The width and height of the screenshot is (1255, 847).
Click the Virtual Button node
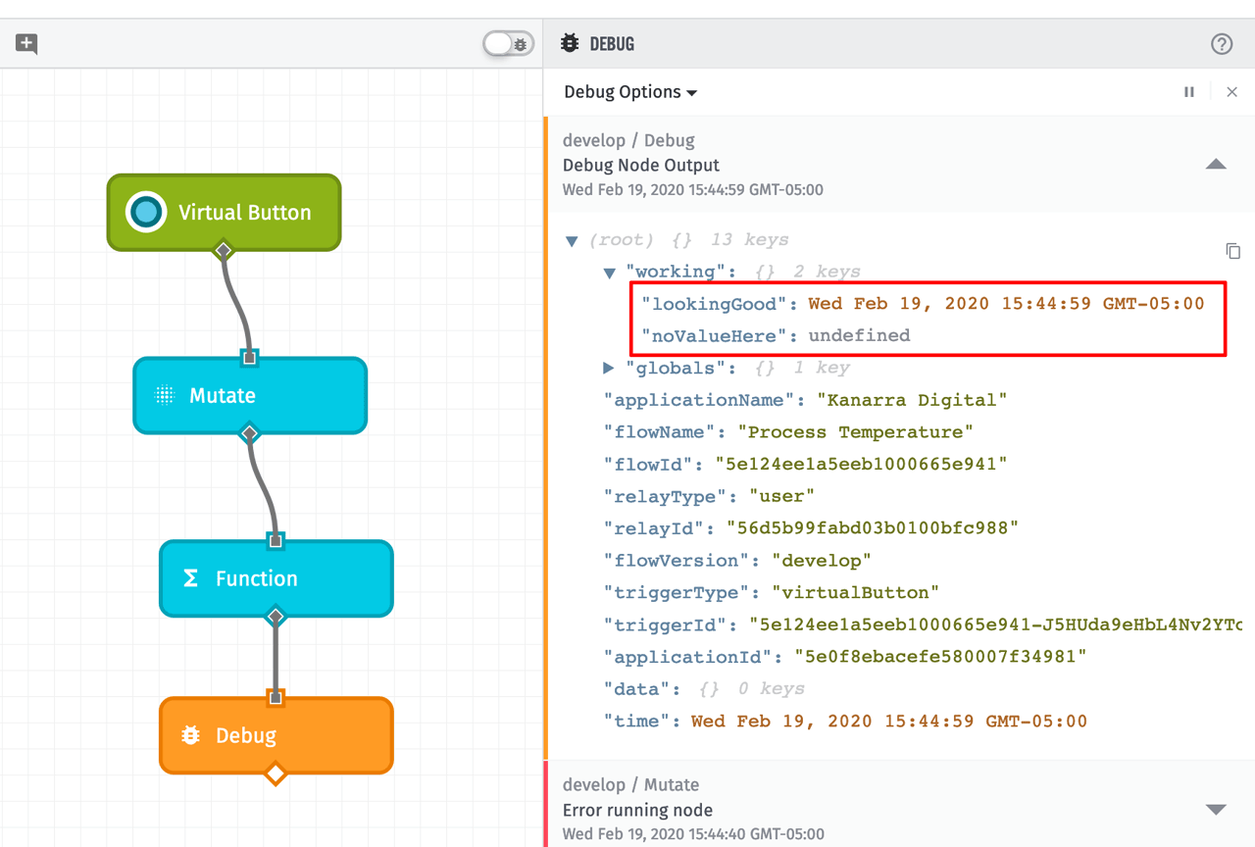(224, 213)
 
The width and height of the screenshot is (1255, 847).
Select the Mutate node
(250, 395)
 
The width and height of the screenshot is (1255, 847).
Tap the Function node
(276, 578)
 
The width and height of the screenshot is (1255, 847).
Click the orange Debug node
(276, 735)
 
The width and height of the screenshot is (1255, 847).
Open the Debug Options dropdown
(629, 92)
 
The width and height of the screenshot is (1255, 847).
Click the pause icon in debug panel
(1189, 92)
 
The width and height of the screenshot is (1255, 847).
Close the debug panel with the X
(1232, 92)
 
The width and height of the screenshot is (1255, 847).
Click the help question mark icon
(1222, 44)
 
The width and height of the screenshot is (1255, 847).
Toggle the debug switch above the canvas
(508, 44)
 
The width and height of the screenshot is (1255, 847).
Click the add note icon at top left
(26, 44)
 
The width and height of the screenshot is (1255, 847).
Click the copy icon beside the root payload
(1233, 251)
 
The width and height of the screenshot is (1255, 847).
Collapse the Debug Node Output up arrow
(1216, 165)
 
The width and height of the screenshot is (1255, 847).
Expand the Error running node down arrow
(1216, 810)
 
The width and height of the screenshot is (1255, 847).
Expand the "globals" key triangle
(609, 368)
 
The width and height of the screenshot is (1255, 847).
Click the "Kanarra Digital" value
(912, 400)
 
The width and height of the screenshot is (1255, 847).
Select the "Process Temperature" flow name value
(855, 432)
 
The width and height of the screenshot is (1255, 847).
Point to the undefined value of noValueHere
(859, 335)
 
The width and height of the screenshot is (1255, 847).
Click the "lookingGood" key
(714, 304)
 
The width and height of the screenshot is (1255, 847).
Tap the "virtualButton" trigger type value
(855, 592)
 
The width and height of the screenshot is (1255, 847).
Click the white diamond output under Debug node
(276, 774)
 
